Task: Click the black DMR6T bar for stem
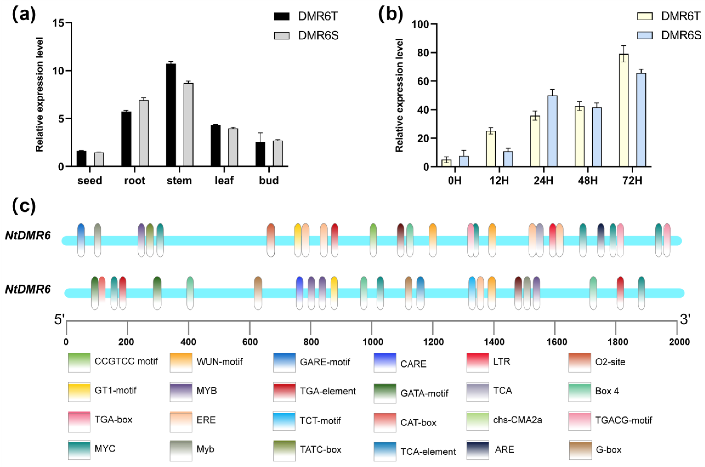[171, 115]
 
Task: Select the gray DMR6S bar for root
[143, 133]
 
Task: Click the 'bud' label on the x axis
[269, 181]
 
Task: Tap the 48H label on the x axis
[587, 181]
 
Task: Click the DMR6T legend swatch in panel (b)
[645, 16]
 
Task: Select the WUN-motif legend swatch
[181, 362]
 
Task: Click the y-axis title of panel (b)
[399, 95]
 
